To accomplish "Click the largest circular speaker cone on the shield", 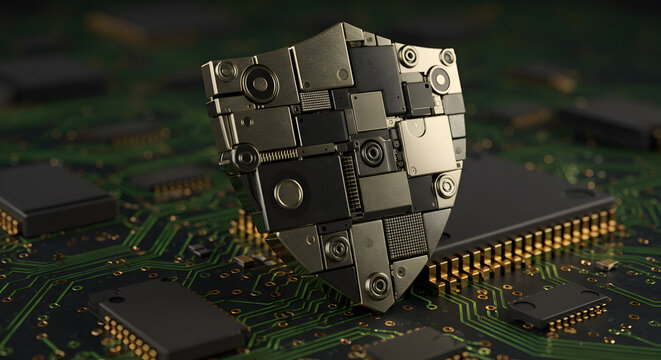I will [x=260, y=83].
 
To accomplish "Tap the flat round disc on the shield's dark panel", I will [x=288, y=193].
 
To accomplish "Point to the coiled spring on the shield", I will [x=280, y=155].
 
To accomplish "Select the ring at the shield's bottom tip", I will [x=378, y=286].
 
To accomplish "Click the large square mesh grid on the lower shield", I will [x=405, y=236].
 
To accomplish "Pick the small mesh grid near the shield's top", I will [x=316, y=100].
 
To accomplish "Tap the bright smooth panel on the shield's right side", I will [x=427, y=145].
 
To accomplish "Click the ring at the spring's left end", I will [x=245, y=157].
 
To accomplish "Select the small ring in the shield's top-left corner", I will [x=227, y=71].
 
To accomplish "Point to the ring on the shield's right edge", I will [x=445, y=186].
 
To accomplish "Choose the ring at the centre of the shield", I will [x=372, y=153].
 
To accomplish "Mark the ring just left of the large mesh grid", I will [x=338, y=248].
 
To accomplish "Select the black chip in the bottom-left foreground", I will [x=166, y=319].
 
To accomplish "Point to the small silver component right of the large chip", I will [x=606, y=264].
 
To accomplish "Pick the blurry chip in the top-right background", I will [x=610, y=120].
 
